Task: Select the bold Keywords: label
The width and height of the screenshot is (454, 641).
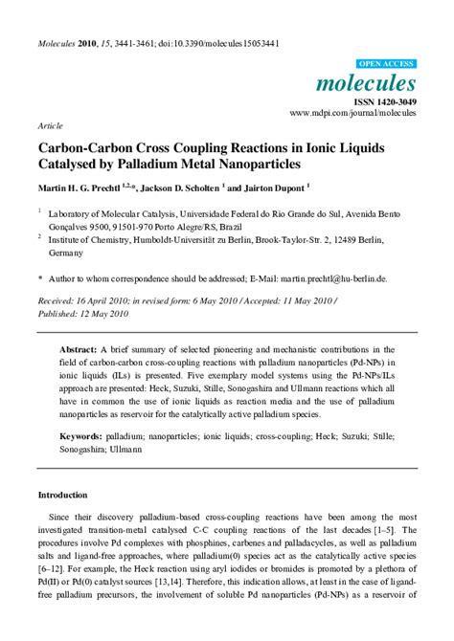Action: click(84, 434)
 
